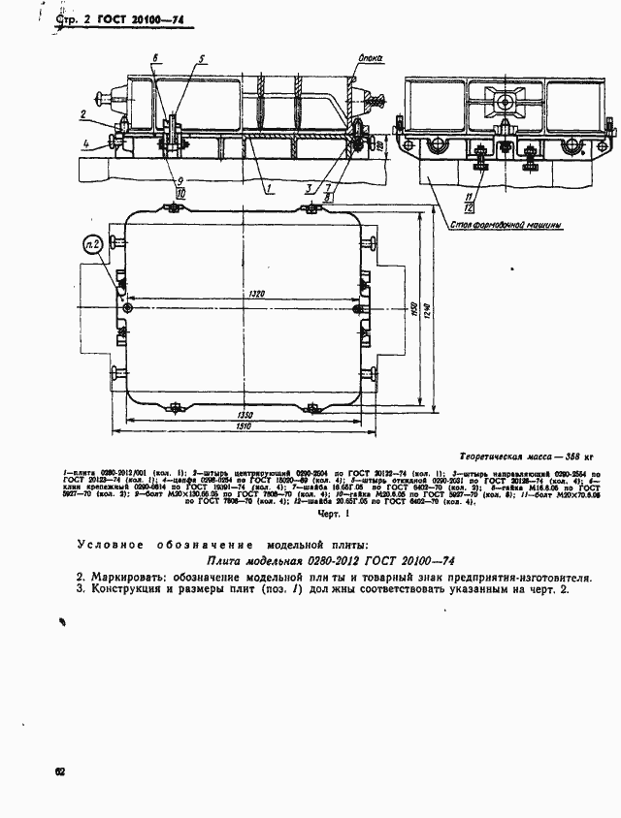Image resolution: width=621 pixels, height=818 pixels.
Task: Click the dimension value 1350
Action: [x=250, y=415]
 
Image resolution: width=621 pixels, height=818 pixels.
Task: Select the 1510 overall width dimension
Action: [x=249, y=425]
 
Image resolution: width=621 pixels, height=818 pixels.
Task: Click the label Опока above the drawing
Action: [x=370, y=59]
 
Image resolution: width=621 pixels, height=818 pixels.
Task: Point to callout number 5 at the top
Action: [x=201, y=59]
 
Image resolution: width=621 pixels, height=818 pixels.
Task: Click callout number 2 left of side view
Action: [x=84, y=115]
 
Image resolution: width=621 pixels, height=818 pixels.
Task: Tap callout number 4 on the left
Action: [x=84, y=144]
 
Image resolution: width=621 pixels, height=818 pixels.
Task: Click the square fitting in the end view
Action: [x=505, y=100]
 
